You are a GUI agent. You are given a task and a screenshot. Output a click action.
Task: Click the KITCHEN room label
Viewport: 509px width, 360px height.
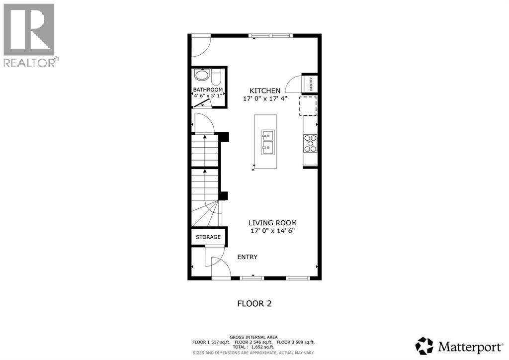(x=264, y=90)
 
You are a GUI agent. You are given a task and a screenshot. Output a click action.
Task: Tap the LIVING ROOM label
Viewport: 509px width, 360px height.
(x=276, y=223)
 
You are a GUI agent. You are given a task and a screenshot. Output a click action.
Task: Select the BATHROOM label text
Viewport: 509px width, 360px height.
(x=208, y=90)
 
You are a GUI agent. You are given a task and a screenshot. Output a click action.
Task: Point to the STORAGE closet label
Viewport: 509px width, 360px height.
(x=208, y=237)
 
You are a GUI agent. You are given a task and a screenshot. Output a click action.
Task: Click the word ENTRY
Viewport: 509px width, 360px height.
(x=247, y=257)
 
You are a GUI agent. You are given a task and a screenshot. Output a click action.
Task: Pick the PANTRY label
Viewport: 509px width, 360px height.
(x=311, y=84)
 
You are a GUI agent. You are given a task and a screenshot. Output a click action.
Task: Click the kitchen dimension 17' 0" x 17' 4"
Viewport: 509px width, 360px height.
(x=264, y=98)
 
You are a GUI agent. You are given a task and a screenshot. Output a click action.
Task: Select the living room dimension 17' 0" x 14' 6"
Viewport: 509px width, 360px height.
(x=276, y=231)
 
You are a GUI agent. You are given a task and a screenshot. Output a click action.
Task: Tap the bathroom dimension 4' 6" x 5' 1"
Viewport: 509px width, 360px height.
(x=208, y=96)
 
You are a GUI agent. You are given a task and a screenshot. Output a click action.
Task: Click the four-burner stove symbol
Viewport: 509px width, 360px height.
(x=310, y=143)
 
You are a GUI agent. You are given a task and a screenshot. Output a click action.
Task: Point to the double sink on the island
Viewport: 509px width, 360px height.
(x=267, y=141)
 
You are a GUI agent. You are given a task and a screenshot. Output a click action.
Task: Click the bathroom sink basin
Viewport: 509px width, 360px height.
(x=202, y=76)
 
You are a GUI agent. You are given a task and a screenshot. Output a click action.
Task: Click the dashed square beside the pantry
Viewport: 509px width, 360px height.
(x=308, y=105)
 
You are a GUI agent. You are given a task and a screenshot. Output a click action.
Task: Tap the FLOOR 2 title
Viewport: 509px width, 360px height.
(x=254, y=303)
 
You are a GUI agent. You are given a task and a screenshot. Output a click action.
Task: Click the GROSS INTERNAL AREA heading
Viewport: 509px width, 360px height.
(x=254, y=337)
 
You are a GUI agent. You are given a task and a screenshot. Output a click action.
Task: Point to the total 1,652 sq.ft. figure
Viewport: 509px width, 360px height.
(x=254, y=347)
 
